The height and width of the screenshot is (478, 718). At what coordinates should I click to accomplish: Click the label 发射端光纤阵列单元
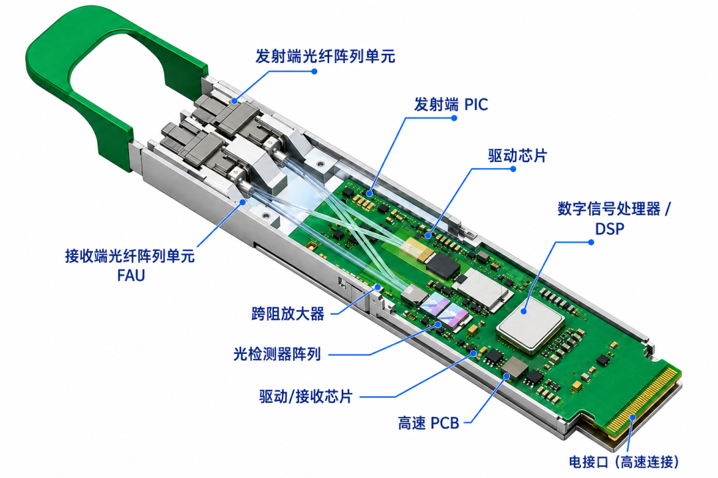pyautogui.click(x=325, y=56)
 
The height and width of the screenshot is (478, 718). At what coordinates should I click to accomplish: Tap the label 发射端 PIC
pyautogui.click(x=451, y=104)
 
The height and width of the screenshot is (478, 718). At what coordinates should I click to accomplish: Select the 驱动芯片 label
pyautogui.click(x=517, y=155)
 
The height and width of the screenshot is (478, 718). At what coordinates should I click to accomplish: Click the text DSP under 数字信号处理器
pyautogui.click(x=610, y=228)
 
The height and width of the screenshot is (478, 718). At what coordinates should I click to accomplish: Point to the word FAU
pyautogui.click(x=131, y=276)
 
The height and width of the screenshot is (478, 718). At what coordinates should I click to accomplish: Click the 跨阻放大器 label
pyautogui.click(x=288, y=314)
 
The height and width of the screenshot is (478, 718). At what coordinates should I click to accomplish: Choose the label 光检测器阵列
pyautogui.click(x=277, y=354)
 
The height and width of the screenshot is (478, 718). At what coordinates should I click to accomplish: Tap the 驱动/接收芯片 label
pyautogui.click(x=306, y=396)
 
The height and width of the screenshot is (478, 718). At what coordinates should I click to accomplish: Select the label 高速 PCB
pyautogui.click(x=429, y=423)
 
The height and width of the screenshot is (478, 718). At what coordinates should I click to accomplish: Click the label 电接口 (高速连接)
pyautogui.click(x=624, y=461)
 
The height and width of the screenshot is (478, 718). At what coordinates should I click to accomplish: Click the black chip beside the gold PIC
pyautogui.click(x=442, y=266)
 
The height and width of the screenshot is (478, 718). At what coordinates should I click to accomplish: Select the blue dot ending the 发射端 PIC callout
pyautogui.click(x=454, y=118)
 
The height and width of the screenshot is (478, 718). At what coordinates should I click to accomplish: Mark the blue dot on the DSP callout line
pyautogui.click(x=591, y=242)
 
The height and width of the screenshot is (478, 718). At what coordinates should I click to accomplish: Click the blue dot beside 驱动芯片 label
pyautogui.click(x=513, y=169)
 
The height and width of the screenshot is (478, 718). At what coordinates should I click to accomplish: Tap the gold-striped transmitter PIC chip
pyautogui.click(x=415, y=248)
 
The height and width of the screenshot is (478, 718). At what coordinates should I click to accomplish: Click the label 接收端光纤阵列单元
pyautogui.click(x=130, y=255)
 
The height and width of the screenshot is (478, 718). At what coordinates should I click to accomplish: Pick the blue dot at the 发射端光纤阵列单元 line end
pyautogui.click(x=314, y=71)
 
